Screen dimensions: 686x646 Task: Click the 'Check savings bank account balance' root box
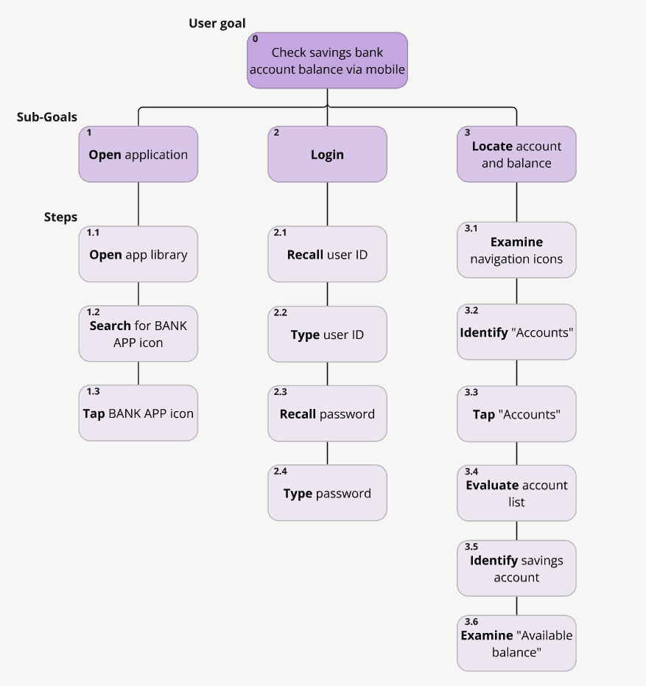coord(327,61)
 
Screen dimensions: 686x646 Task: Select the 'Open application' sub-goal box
coord(138,154)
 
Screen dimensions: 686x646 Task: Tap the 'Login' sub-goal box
coord(327,154)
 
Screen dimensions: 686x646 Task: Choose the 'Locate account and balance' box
coord(516,154)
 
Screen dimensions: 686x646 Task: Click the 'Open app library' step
coord(138,254)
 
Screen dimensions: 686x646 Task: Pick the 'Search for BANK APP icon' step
coord(138,334)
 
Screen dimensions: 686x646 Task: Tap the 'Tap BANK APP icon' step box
coord(138,413)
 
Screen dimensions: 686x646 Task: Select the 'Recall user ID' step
coord(327,254)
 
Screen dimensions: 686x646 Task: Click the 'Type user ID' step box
coord(327,334)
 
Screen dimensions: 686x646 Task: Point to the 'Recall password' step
coord(327,413)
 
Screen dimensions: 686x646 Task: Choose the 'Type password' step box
coord(327,493)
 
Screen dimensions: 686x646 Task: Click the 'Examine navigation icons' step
coord(516,250)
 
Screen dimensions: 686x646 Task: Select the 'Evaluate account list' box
coord(516,493)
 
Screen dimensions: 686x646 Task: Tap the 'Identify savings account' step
coord(516,568)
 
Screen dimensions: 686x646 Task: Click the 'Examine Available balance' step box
coord(516,643)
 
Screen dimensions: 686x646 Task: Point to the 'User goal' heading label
coord(217,24)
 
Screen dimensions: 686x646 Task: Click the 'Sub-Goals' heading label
coord(46,116)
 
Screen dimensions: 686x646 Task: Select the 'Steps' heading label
coord(60,217)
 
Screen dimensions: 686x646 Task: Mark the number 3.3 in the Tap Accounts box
coord(471,393)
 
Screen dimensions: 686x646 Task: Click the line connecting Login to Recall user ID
coord(327,204)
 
